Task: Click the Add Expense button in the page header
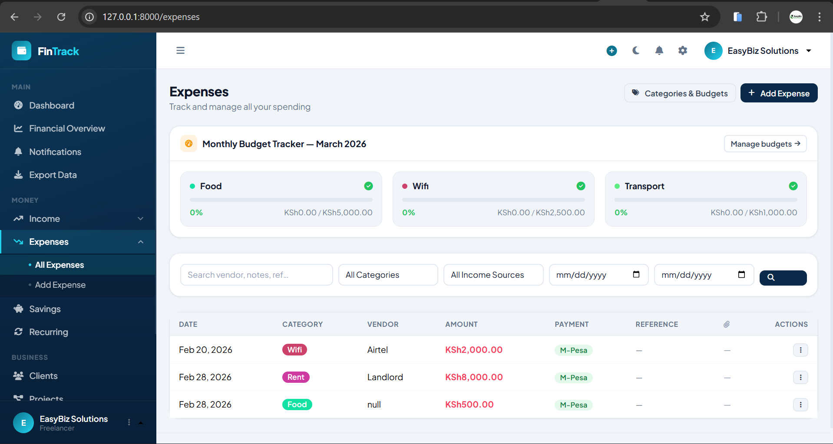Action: (779, 93)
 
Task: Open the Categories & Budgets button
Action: (680, 93)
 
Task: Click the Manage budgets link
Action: (765, 144)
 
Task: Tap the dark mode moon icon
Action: (636, 51)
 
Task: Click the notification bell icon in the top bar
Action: (659, 51)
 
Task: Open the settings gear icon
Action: (683, 51)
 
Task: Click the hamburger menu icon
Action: (181, 51)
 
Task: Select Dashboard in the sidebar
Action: (51, 105)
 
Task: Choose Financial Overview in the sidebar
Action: (67, 128)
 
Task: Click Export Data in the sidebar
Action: (53, 175)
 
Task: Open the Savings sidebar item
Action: (45, 309)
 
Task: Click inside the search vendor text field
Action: (256, 275)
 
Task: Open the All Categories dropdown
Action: (388, 275)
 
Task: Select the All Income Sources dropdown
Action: (493, 275)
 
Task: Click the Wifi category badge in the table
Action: (294, 350)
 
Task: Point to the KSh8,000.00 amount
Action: (474, 377)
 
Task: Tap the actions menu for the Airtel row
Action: (800, 350)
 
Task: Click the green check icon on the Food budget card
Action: (368, 186)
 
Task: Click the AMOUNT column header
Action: (461, 324)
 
